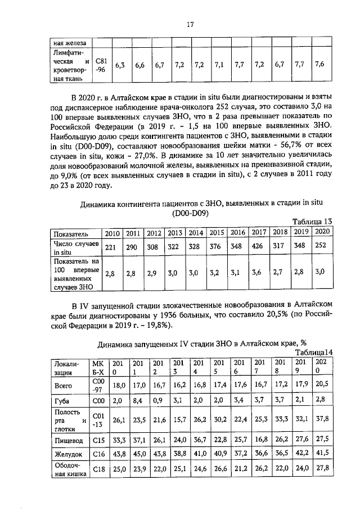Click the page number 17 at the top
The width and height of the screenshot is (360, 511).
(190, 24)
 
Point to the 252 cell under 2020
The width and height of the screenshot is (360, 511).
(319, 247)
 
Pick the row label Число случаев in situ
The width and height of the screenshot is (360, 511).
(75, 247)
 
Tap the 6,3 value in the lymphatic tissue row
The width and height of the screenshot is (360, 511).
(120, 65)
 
